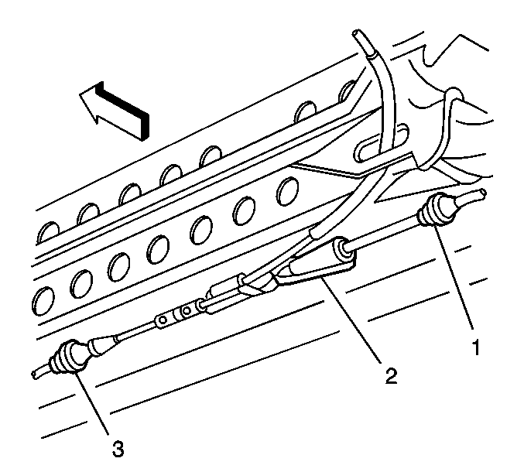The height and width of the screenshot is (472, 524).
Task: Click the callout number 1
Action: [476, 347]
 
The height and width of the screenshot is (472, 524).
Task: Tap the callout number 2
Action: [392, 375]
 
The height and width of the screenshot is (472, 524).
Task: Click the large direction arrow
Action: [114, 110]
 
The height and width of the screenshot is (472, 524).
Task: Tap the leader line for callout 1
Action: [454, 276]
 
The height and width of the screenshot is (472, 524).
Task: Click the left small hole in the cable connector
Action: [163, 320]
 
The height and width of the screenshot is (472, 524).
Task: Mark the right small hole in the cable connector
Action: [187, 310]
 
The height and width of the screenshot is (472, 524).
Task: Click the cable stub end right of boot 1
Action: [482, 193]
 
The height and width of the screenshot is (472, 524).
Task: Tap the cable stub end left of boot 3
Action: [34, 375]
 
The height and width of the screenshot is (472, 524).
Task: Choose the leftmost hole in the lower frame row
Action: [43, 300]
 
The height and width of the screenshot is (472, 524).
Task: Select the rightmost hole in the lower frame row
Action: [288, 192]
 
